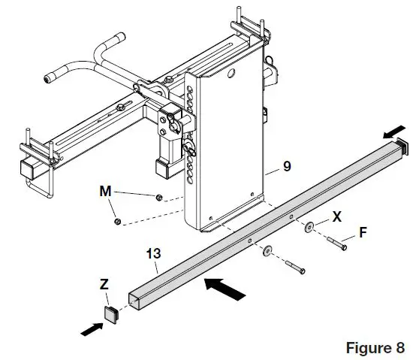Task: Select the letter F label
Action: point(363,233)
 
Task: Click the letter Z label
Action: point(104,287)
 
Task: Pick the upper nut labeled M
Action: point(158,198)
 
